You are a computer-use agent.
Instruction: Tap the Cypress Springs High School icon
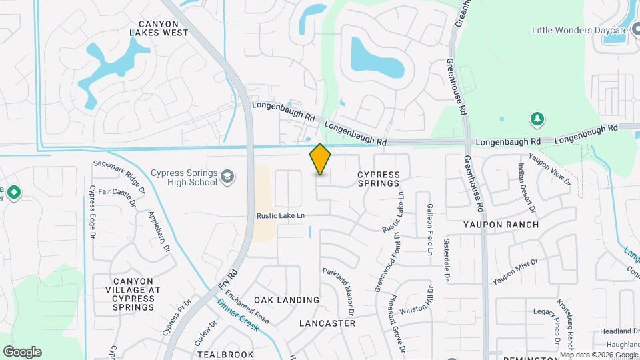click(227, 177)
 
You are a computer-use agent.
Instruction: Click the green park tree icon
click(536, 119)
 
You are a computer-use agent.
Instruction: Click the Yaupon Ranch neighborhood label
click(501, 225)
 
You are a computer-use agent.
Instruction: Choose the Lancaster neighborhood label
click(327, 323)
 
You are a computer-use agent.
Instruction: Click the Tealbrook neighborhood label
click(225, 354)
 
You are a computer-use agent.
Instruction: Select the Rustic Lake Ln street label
click(281, 216)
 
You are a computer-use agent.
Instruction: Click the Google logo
click(22, 352)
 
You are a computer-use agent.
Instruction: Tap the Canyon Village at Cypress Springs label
click(133, 294)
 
